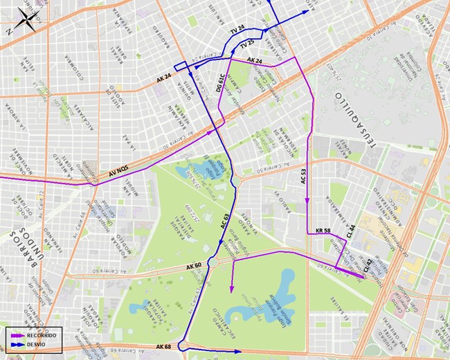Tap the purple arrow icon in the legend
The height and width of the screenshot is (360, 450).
pyautogui.click(x=17, y=334)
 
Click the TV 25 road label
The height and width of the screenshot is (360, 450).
pyautogui.click(x=246, y=45)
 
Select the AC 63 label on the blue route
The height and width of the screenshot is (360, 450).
pyautogui.click(x=225, y=219)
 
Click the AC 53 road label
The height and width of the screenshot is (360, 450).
pyautogui.click(x=303, y=176)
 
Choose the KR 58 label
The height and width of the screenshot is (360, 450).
pyautogui.click(x=323, y=230)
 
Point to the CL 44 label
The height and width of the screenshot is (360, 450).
pyautogui.click(x=351, y=231)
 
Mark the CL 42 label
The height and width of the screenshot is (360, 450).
pyautogui.click(x=367, y=264)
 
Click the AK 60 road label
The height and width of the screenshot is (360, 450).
pyautogui.click(x=194, y=266)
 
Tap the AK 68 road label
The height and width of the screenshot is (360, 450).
pyautogui.click(x=163, y=346)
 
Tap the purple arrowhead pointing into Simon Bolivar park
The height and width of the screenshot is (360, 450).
pyautogui.click(x=232, y=289)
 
